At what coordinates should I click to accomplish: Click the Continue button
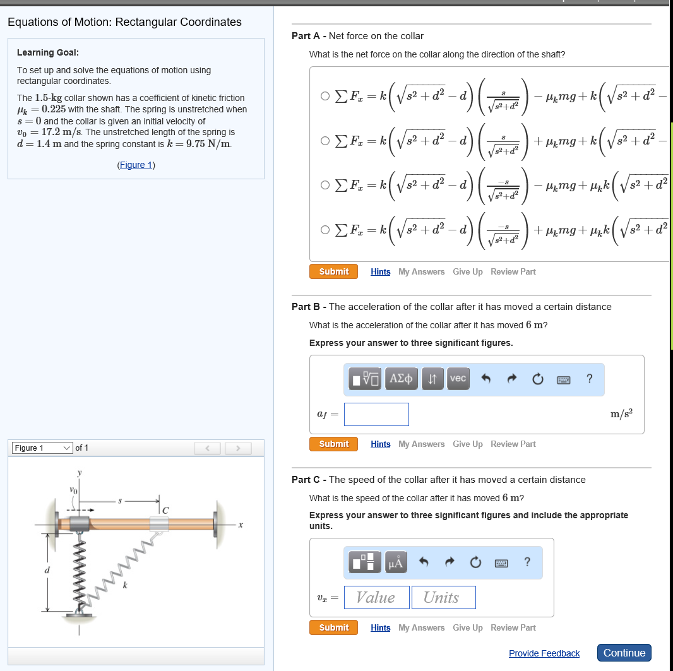(624, 653)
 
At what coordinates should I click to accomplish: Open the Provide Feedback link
(544, 653)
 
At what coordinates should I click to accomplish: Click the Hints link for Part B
(380, 444)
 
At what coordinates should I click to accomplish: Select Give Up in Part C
(467, 627)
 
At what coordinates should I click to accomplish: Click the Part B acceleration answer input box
(376, 414)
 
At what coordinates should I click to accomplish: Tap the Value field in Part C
(376, 597)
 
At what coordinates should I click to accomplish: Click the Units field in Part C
(443, 597)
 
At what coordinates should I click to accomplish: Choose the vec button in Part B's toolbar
(458, 378)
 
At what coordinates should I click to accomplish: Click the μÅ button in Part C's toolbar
(394, 562)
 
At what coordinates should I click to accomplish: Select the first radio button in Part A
(325, 97)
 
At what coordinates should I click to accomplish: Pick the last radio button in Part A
(325, 230)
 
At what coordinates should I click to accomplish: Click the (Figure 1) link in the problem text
(136, 165)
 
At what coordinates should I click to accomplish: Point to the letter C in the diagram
(165, 509)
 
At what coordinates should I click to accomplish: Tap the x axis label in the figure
(241, 525)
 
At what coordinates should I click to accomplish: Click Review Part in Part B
(513, 444)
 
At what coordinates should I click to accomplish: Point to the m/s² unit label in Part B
(621, 413)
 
